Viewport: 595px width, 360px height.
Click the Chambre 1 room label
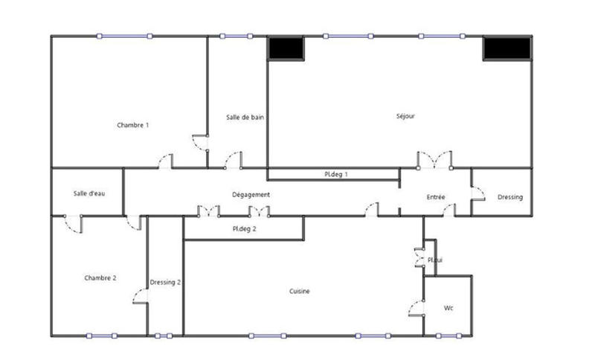[133, 125]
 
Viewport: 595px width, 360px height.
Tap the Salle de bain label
[245, 117]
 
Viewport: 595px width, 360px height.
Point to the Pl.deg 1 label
[336, 174]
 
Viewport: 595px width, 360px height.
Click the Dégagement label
[251, 195]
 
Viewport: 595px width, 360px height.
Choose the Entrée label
[436, 197]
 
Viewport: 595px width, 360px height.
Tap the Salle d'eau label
[89, 193]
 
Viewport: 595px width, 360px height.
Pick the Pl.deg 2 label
[244, 229]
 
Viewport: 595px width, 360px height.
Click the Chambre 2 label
[100, 277]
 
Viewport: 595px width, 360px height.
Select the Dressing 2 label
[165, 283]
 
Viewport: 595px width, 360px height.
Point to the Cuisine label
[300, 291]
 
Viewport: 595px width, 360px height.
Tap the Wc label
[448, 307]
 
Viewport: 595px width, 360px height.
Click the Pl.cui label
[434, 260]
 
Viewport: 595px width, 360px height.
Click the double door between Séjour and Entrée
[434, 159]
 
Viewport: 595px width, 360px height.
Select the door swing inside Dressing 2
[141, 295]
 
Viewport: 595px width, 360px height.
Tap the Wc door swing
[416, 306]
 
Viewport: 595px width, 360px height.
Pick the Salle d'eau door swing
[73, 224]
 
